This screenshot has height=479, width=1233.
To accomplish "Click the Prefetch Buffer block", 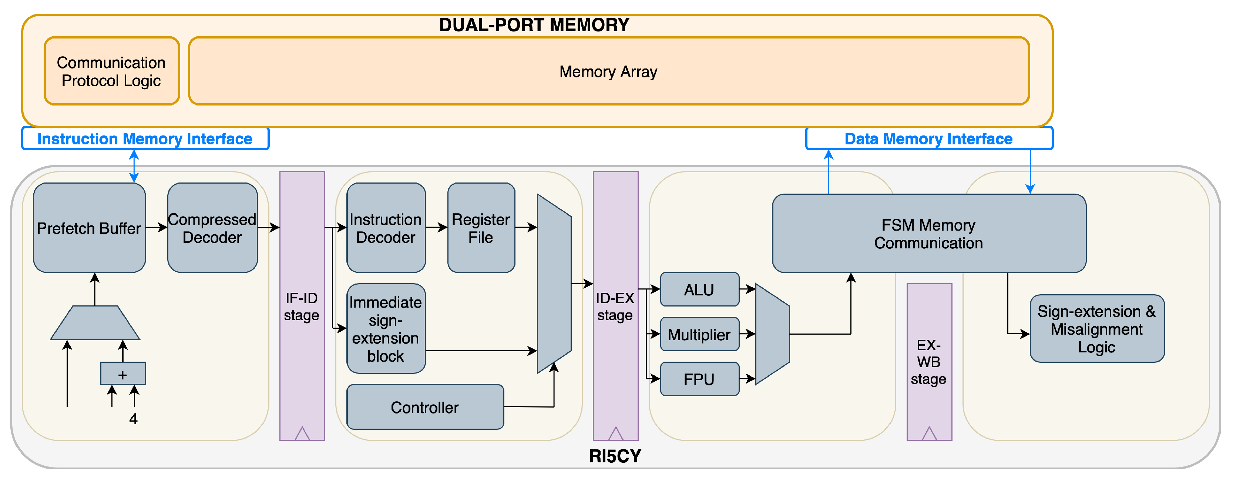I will [x=90, y=228].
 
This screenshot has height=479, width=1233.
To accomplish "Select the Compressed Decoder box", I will [x=212, y=228].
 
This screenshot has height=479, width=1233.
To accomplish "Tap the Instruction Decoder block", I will [x=386, y=228].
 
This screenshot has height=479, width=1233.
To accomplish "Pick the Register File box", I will [x=481, y=228].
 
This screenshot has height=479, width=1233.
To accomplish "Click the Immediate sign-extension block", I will [x=386, y=329].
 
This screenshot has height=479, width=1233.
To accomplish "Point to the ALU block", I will [x=699, y=289].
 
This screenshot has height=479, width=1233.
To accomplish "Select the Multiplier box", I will [x=699, y=334].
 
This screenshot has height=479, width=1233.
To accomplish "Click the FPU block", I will [x=699, y=379].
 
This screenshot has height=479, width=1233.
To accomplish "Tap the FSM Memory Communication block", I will [x=928, y=234].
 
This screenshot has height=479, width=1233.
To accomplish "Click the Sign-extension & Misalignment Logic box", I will [x=1096, y=329].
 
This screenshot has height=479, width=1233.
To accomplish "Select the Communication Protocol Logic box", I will [x=111, y=71].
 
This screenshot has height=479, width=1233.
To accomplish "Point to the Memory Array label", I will [x=608, y=72].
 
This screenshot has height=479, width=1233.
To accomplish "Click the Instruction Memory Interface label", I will [x=145, y=139].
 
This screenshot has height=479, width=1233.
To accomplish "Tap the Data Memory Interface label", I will [x=928, y=139].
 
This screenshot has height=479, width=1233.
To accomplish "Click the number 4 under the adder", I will [x=134, y=419].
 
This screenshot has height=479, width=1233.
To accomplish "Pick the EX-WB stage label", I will [x=928, y=362].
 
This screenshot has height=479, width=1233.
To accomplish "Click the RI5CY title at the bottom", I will [x=615, y=456].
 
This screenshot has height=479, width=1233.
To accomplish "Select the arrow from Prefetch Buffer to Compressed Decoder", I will [x=157, y=228].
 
